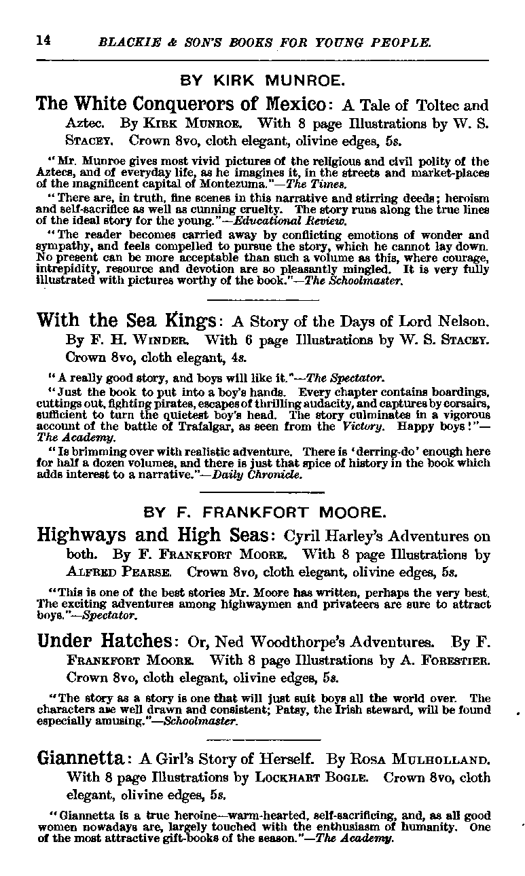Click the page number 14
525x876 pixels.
click(43, 40)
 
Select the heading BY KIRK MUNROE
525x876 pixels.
click(262, 81)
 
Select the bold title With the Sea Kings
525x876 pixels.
click(126, 321)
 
